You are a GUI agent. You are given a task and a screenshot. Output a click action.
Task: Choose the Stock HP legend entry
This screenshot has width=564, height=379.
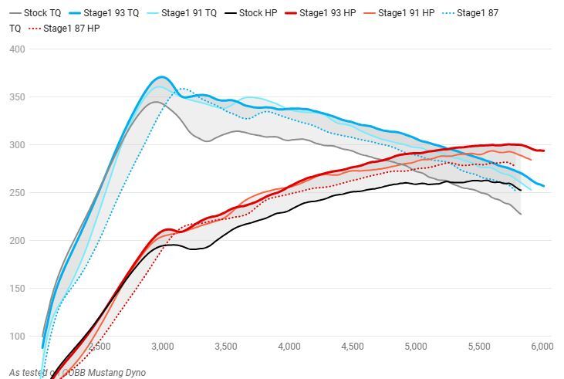coord(256,13)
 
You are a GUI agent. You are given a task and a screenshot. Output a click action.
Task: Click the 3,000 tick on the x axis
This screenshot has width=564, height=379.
coord(161,347)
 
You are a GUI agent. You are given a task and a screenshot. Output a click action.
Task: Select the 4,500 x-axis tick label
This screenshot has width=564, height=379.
coord(352,347)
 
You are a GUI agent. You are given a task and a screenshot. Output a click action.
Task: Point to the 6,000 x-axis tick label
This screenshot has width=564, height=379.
coord(542,347)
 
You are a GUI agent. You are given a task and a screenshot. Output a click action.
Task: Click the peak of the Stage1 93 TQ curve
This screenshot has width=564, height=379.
coord(161,77)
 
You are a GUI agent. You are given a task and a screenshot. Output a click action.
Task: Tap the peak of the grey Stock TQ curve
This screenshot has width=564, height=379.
coord(155,102)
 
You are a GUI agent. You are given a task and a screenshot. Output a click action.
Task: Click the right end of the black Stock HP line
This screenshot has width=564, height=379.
coord(521,190)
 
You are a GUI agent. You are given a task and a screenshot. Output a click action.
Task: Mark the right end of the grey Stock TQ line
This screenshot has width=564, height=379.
coord(521,214)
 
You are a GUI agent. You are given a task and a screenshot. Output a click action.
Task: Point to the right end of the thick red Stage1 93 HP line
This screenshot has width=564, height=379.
coord(543,151)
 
